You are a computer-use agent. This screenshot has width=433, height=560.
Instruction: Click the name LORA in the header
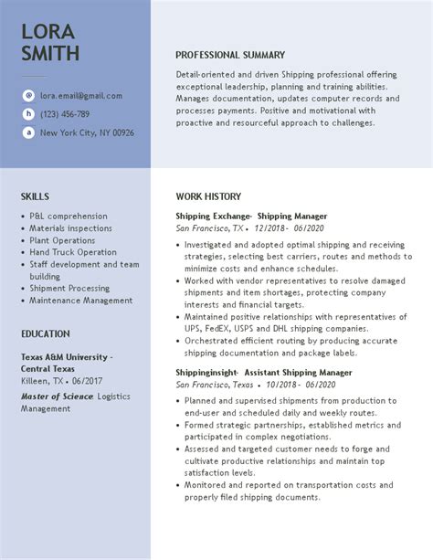(48, 31)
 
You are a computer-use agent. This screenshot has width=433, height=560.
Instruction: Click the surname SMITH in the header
(50, 54)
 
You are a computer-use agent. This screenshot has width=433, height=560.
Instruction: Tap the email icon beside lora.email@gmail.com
(28, 95)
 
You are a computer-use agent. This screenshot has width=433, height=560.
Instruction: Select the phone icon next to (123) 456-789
(28, 114)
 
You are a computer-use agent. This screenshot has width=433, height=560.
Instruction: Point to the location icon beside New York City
(28, 132)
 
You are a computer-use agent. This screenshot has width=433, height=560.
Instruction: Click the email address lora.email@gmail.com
(80, 95)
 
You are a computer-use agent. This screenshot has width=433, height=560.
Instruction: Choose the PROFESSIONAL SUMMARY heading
(230, 55)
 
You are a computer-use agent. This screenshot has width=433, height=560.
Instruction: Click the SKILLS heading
(35, 196)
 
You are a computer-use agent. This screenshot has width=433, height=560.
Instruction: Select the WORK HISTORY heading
(208, 196)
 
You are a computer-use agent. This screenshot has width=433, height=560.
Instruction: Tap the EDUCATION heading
(46, 334)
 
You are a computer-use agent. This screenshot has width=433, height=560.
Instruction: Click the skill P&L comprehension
(69, 217)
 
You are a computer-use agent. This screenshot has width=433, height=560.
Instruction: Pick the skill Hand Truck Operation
(73, 252)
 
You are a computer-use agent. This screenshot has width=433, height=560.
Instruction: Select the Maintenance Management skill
(80, 300)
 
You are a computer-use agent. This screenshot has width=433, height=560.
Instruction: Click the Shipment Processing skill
(69, 288)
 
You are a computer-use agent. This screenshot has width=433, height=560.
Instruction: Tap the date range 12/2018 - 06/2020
(290, 228)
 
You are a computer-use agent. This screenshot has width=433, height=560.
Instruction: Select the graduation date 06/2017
(87, 381)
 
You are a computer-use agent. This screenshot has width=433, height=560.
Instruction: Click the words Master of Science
(58, 396)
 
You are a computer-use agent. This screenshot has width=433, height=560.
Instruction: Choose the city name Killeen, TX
(42, 381)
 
